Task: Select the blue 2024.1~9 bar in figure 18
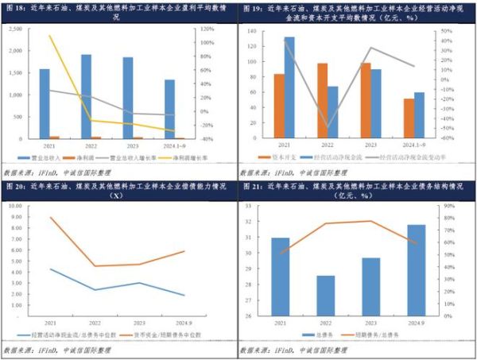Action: click(x=169, y=109)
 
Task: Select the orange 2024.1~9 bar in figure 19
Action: click(x=409, y=119)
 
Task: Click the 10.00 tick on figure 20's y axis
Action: click(x=14, y=205)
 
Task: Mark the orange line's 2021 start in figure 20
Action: click(x=52, y=217)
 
